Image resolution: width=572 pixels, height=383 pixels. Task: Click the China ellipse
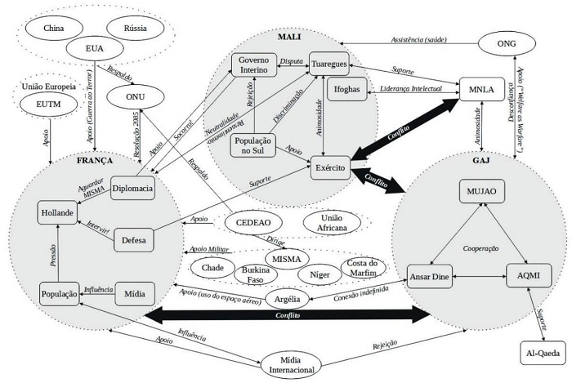55,27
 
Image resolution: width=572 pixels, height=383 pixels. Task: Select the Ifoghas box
341,90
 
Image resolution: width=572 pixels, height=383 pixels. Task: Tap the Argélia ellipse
290,300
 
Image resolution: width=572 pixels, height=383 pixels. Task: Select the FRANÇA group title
94,161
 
